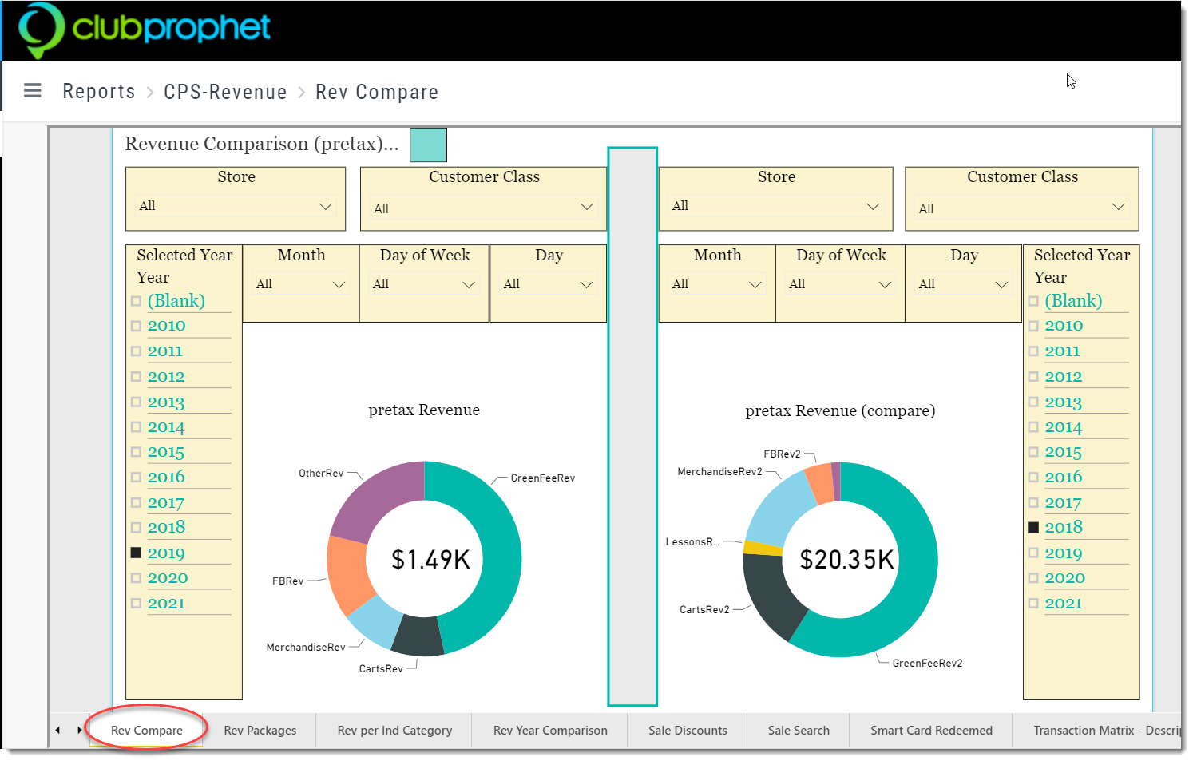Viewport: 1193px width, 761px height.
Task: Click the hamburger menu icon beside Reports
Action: point(33,90)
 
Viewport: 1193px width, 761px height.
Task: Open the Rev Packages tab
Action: point(260,730)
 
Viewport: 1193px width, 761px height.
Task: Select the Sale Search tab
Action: point(799,730)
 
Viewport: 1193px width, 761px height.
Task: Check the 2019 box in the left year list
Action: point(137,553)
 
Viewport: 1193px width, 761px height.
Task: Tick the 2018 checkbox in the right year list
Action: point(1033,527)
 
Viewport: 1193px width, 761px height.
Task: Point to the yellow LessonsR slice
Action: point(762,548)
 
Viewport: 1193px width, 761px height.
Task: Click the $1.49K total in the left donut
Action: point(430,559)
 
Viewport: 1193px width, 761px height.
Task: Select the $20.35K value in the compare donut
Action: point(846,559)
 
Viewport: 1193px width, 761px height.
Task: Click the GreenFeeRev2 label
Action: point(927,663)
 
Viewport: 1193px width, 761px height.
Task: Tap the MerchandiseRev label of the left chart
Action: point(306,647)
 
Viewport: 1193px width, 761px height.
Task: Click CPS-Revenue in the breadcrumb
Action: point(225,92)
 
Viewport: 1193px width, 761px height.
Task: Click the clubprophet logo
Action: point(145,30)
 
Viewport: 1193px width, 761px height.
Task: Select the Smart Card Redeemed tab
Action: point(931,730)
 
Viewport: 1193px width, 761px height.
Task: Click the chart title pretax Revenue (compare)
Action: point(840,410)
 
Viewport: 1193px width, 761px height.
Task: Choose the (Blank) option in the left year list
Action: point(176,301)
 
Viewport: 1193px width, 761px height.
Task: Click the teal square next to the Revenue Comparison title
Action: point(428,145)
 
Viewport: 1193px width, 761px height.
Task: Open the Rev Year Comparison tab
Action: point(550,730)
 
